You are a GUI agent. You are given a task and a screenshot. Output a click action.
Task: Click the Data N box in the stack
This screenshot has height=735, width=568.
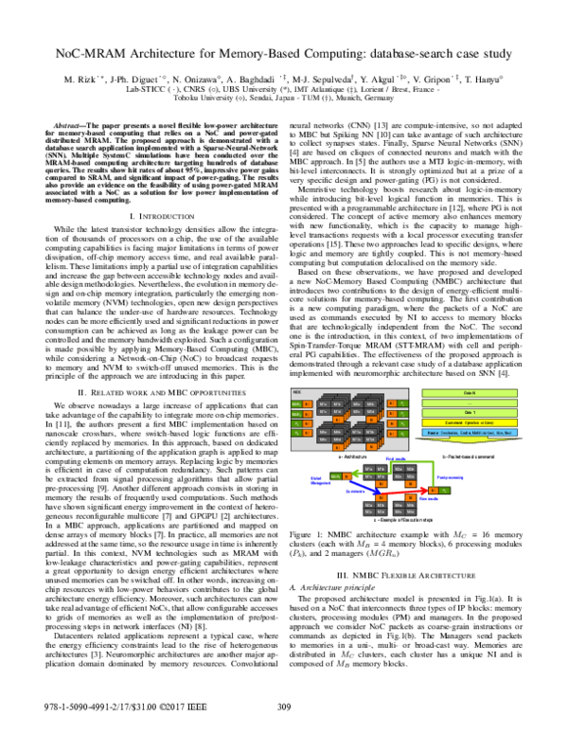[x=469, y=392]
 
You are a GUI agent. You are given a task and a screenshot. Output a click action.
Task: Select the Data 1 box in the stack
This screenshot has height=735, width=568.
[x=469, y=412]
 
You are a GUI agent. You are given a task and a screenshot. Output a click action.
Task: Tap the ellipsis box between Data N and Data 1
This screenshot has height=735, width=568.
[x=469, y=403]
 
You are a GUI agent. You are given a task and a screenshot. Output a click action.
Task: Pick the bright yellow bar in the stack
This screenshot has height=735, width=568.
[x=469, y=422]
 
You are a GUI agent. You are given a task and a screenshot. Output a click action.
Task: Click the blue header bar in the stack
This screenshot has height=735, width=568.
[x=469, y=433]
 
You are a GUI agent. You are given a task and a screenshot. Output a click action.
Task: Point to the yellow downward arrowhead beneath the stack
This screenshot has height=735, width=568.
[x=469, y=440]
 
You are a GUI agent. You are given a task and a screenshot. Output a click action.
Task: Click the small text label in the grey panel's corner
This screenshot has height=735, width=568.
[x=296, y=392]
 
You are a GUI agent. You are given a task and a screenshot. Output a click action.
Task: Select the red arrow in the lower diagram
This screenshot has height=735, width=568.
[x=402, y=492]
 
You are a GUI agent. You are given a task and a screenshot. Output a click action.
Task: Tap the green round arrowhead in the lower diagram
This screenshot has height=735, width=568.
[x=357, y=474]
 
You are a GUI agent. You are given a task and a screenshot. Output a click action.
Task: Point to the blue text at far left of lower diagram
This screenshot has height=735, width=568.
[x=319, y=481]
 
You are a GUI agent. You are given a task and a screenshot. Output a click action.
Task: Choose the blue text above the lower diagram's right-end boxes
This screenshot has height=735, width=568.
[x=450, y=477]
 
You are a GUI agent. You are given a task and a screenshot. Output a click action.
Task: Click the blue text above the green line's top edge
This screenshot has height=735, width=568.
[x=396, y=458]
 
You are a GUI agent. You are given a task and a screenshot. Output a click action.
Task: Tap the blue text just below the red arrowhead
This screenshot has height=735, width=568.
[x=428, y=499]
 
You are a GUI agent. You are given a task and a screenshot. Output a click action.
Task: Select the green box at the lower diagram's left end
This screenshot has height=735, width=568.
[x=335, y=476]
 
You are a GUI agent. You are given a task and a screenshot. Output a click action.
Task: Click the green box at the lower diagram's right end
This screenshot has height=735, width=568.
[x=444, y=491]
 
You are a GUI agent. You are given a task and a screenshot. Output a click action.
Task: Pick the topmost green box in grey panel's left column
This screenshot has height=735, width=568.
[x=296, y=404]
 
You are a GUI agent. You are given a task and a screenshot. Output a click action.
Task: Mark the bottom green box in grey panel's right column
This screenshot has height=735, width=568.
[x=403, y=434]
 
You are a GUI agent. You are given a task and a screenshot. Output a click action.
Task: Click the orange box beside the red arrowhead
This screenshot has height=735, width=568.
[x=433, y=491]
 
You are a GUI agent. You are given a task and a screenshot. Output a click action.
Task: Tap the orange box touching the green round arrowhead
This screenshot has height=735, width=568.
[x=346, y=476]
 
